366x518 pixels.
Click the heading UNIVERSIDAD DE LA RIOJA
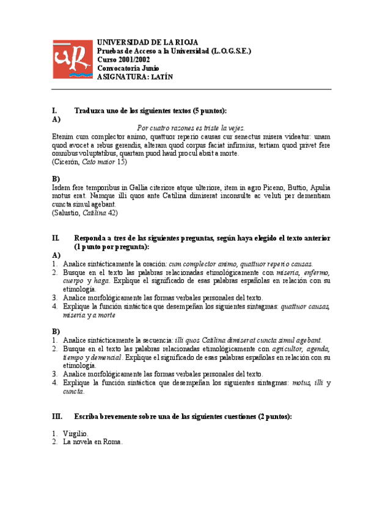147,42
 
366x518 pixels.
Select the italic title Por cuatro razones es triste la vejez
191,128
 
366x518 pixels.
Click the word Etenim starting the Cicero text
64,137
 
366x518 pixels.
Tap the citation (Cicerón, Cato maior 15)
89,162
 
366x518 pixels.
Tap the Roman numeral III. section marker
58,416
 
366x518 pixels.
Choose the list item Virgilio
76,433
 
